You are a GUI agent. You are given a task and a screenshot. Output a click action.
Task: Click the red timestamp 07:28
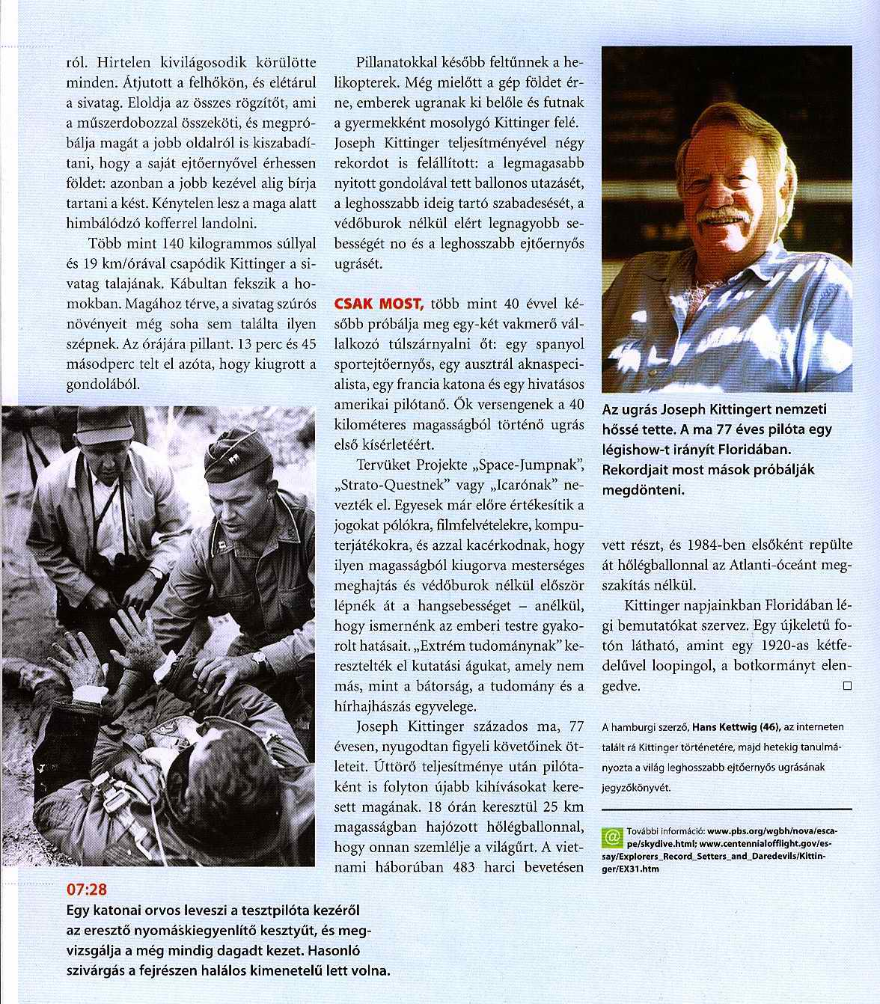point(87,890)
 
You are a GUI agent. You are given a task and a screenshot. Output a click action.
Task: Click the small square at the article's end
point(847,685)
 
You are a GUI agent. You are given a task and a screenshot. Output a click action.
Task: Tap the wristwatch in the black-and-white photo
point(259,659)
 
